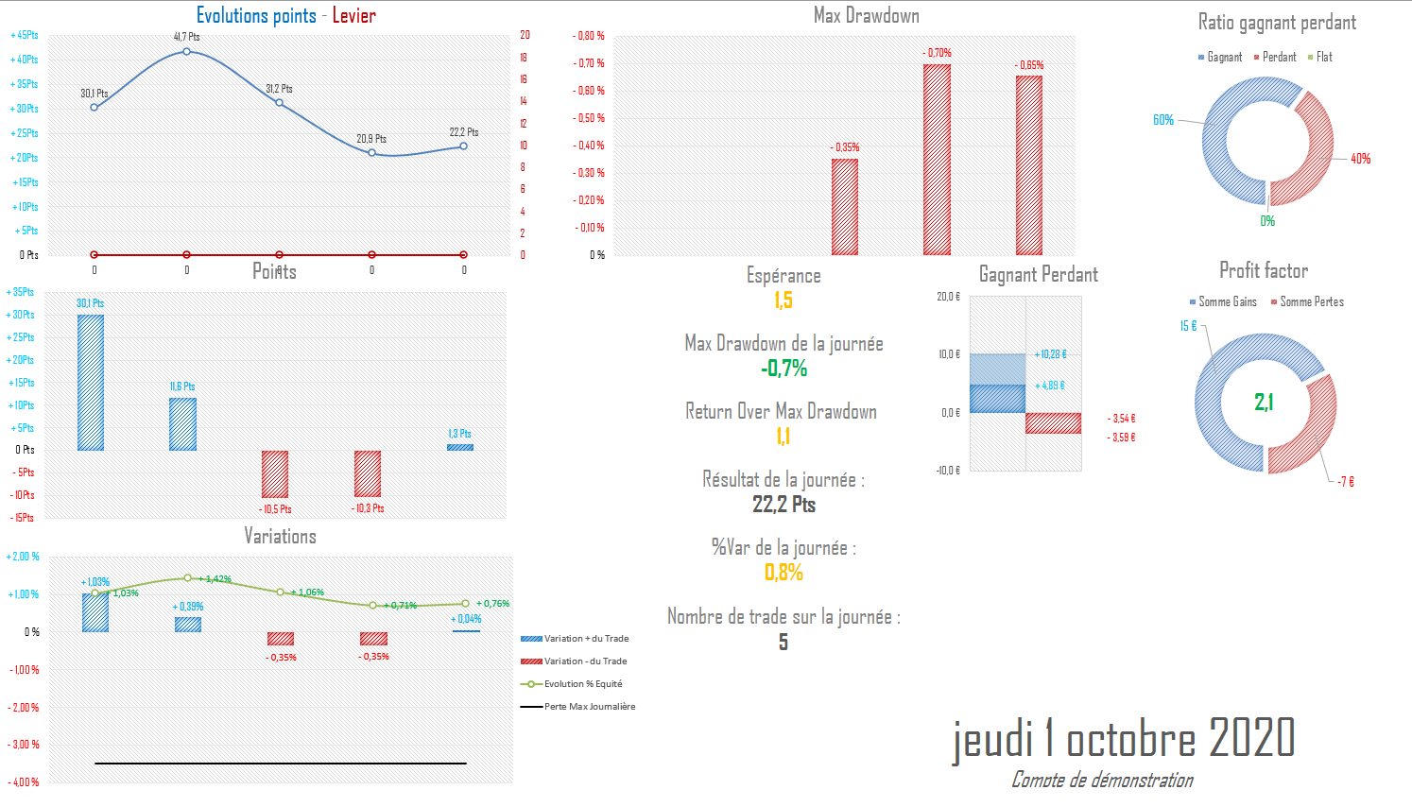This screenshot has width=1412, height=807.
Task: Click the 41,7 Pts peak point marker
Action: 186,51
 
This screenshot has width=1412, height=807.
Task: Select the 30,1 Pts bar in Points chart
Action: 91,382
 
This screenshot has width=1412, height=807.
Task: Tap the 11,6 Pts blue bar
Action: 182,423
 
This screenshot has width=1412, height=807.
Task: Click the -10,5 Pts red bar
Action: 275,473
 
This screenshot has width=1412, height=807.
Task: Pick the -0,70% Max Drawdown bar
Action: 937,159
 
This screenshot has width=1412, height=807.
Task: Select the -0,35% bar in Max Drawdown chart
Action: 845,206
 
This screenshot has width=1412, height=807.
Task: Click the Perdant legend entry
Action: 1275,58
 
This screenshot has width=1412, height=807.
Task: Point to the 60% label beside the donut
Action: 1163,120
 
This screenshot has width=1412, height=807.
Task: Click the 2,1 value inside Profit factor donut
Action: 1264,403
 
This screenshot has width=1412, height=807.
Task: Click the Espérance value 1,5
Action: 783,300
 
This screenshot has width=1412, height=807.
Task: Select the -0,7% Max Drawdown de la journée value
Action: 783,369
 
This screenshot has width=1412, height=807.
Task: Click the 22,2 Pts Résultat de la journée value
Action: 783,505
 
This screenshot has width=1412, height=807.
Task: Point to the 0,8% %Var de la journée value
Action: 783,573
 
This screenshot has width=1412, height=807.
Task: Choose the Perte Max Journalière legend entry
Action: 589,707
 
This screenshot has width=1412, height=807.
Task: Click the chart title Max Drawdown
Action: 866,15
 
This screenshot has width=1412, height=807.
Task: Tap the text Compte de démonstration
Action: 1102,781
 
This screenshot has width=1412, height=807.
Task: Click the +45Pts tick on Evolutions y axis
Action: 26,35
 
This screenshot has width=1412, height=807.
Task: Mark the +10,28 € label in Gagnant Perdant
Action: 1052,354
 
